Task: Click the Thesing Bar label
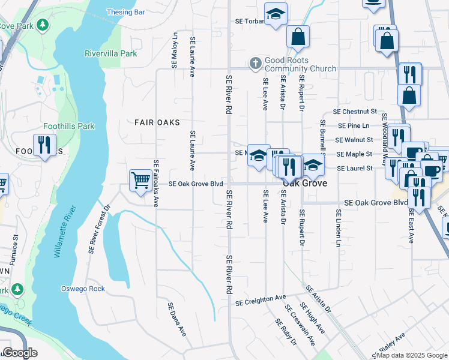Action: coord(125,12)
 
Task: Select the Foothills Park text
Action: coord(69,127)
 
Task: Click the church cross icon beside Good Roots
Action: coord(255,62)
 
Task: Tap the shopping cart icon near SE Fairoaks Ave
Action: coord(140,179)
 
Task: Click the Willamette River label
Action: coord(64,232)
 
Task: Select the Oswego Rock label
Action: coord(83,289)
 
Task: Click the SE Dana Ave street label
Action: coord(176,319)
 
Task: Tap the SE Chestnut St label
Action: coord(354,112)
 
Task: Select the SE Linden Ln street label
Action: coord(339,229)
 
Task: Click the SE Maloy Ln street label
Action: coord(175,50)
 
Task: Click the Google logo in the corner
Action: coord(20,353)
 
